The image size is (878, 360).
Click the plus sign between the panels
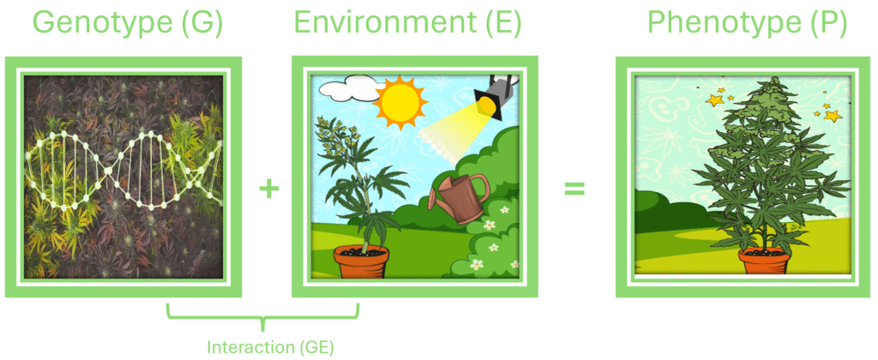tap(268, 189)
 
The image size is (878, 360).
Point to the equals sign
tap(574, 189)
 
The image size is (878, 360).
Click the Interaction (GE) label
tap(270, 348)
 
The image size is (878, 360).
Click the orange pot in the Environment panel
tap(361, 262)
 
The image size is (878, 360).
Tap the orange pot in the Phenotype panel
tap(764, 261)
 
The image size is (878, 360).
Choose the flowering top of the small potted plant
tap(336, 136)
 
